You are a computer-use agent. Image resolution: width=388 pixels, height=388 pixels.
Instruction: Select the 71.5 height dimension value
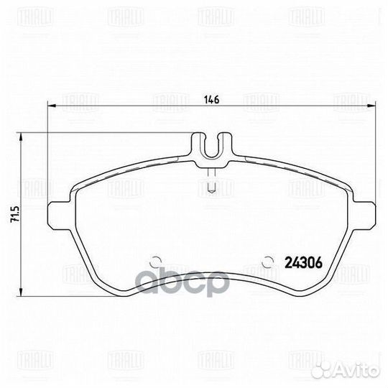point(12,214)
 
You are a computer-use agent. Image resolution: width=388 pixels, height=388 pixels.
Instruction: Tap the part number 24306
point(303,263)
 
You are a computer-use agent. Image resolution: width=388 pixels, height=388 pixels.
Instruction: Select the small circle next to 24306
point(268,262)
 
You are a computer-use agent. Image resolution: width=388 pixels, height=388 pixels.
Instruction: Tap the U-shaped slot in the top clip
point(211,147)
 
